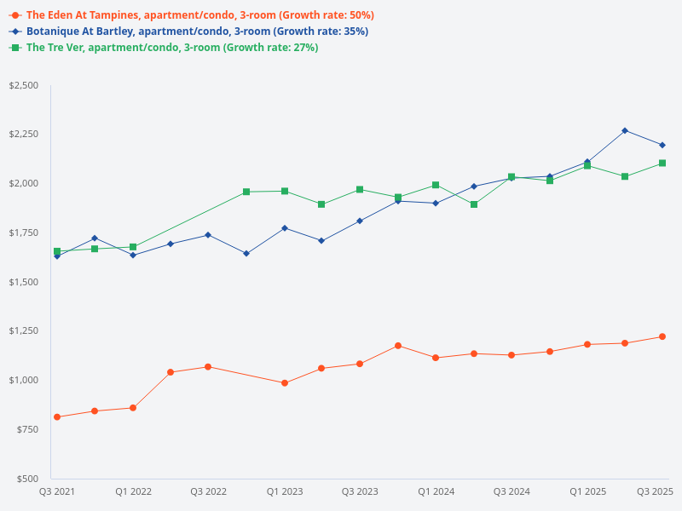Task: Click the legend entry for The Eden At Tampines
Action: pyautogui.click(x=192, y=15)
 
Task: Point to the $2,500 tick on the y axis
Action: pyautogui.click(x=23, y=86)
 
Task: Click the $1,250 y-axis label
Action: pyautogui.click(x=23, y=330)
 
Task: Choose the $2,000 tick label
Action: pyautogui.click(x=23, y=184)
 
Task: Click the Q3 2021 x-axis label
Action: pyautogui.click(x=57, y=491)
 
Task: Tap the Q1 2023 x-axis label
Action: pyautogui.click(x=284, y=491)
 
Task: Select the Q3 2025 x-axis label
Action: pyautogui.click(x=656, y=491)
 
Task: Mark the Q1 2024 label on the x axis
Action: pyautogui.click(x=436, y=491)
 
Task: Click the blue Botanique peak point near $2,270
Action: pyautogui.click(x=625, y=130)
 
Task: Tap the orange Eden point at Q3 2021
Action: pyautogui.click(x=57, y=417)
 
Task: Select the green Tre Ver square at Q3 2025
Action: pyautogui.click(x=662, y=164)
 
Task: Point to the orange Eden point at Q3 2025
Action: pyautogui.click(x=662, y=336)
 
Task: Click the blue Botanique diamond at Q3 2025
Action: pyautogui.click(x=662, y=145)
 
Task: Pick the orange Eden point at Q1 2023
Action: pyautogui.click(x=284, y=383)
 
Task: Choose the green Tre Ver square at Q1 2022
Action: pyautogui.click(x=133, y=247)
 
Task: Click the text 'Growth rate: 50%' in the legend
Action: pyautogui.click(x=326, y=15)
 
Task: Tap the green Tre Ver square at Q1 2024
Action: pyautogui.click(x=436, y=185)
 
